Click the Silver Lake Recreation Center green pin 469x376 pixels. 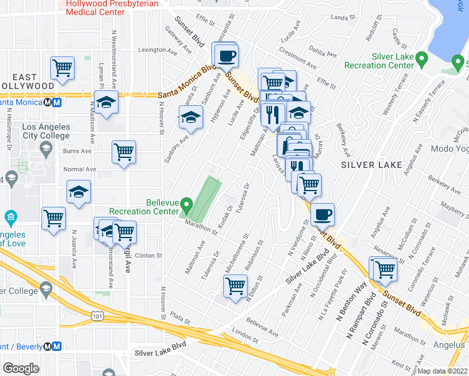(x=422, y=61)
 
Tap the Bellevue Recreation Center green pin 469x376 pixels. (x=186, y=205)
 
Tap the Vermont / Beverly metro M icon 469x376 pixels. (x=56, y=346)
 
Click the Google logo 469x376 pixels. (x=21, y=368)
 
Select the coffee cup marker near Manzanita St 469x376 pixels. (x=226, y=56)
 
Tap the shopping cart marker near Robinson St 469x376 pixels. (x=235, y=286)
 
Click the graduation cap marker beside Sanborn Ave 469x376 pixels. (x=191, y=117)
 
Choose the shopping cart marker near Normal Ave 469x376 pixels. (x=124, y=151)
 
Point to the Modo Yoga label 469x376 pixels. (x=449, y=149)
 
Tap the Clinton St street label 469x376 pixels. (x=149, y=256)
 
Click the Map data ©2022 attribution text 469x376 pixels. (x=443, y=370)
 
